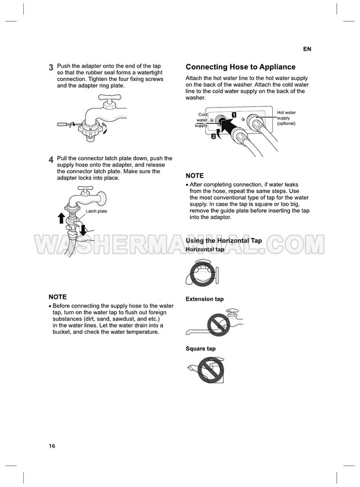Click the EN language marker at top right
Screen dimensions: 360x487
tap(307, 49)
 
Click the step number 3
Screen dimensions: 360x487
tap(51, 67)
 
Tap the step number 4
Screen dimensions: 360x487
tap(51, 160)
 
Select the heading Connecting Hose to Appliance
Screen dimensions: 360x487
tap(240, 67)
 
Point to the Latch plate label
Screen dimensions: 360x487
tap(96, 211)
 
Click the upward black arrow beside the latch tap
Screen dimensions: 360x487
tap(62, 218)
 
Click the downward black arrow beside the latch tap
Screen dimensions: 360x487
tap(82, 230)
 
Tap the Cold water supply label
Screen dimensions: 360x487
tap(201, 120)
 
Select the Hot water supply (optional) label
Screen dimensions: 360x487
tap(286, 118)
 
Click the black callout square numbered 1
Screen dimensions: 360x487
tap(234, 114)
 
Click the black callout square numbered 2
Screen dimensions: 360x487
tap(214, 136)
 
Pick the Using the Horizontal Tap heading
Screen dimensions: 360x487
tap(224, 240)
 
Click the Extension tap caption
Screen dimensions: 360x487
tap(205, 299)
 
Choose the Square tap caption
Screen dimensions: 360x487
tap(201, 349)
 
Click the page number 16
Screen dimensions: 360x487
tap(52, 446)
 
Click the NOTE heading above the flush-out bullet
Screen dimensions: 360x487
tap(57, 297)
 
